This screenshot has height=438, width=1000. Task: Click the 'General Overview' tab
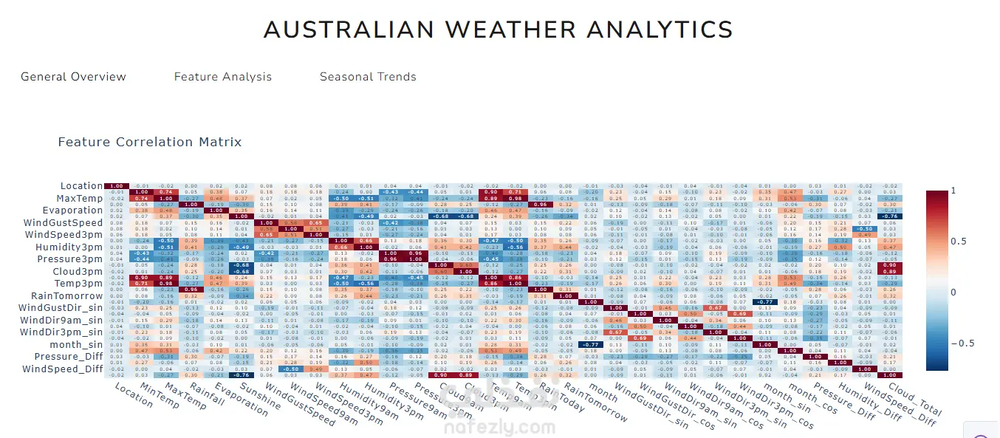pos(73,77)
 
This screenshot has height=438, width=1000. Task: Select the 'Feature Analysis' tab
pos(223,77)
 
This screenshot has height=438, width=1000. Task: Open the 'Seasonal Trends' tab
pos(368,77)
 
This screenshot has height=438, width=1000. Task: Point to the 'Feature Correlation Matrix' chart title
pos(150,142)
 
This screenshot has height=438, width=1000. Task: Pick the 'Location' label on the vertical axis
pos(81,186)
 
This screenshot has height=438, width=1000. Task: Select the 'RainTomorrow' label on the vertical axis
pos(69,295)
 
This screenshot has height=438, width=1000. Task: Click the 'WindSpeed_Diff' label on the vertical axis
pos(64,369)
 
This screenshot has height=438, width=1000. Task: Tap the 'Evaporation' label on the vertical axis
pos(73,211)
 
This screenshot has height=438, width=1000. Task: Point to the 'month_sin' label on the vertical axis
pos(76,344)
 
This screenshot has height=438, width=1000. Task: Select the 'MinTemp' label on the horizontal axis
pos(158,399)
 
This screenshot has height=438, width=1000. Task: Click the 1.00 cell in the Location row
pos(114,186)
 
